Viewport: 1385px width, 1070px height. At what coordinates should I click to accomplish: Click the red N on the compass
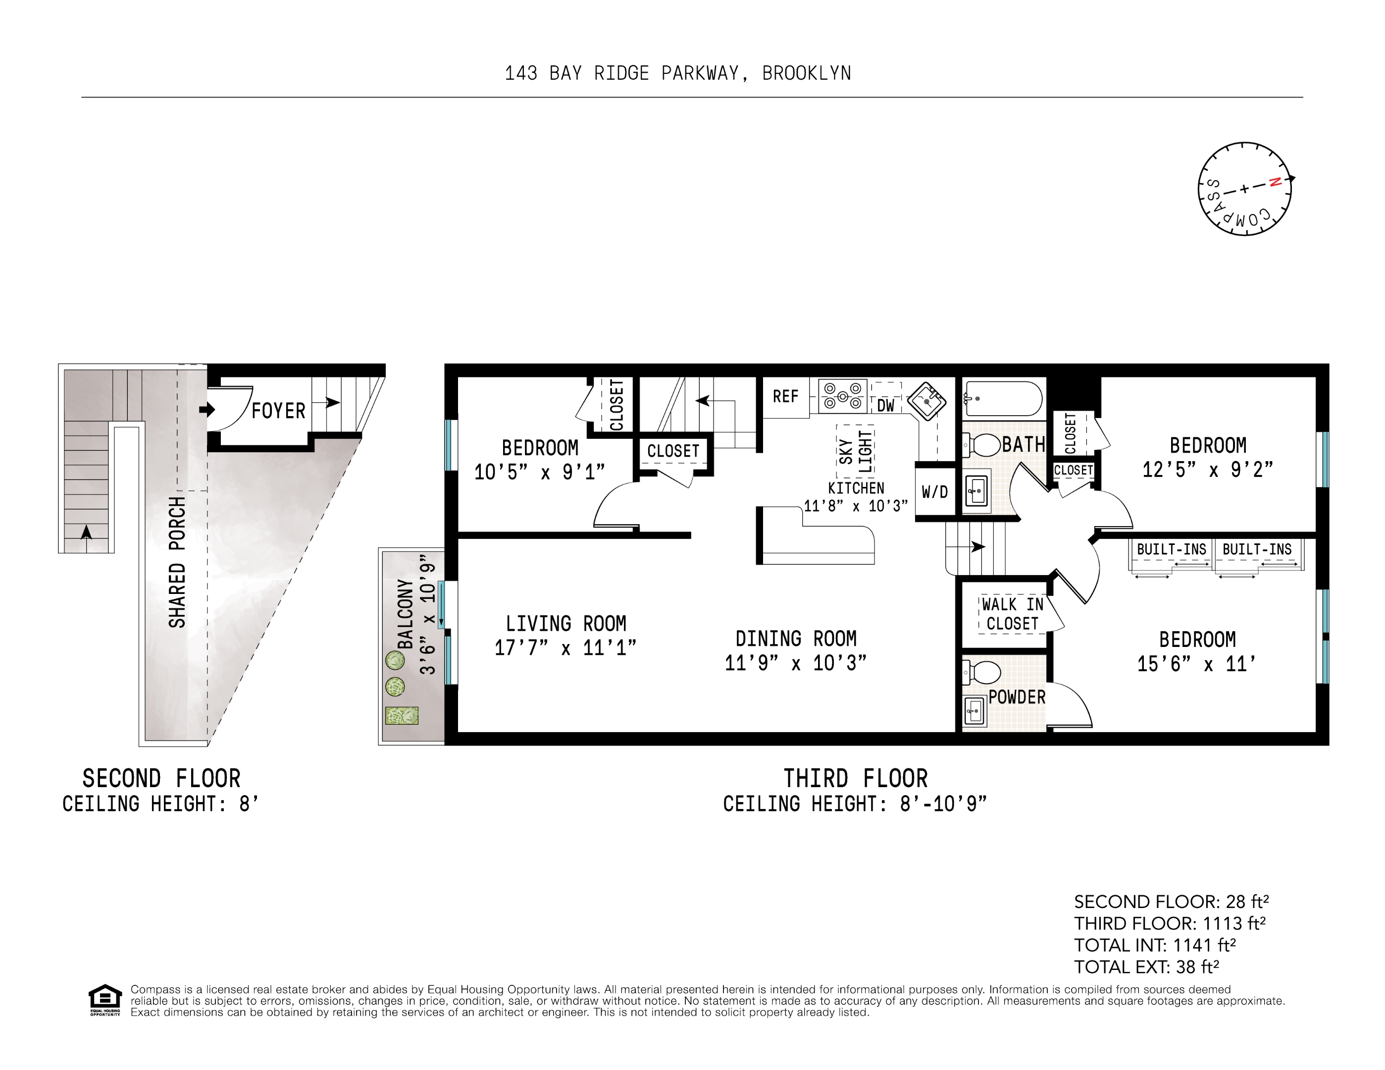[x=1275, y=182]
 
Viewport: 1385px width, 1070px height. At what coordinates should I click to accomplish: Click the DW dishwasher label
[x=885, y=406]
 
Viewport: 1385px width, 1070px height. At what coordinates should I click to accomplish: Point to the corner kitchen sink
[x=926, y=401]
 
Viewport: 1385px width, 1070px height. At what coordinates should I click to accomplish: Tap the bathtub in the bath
[x=1003, y=398]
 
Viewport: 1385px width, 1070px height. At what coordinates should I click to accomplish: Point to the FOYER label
[x=278, y=411]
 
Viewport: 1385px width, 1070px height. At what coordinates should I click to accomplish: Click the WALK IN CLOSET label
[x=1012, y=614]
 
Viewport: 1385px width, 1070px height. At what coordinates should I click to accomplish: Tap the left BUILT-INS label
[x=1171, y=549]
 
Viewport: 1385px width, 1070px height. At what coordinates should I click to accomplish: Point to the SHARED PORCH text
[x=177, y=562]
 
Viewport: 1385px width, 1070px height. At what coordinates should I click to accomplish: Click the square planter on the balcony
[x=402, y=715]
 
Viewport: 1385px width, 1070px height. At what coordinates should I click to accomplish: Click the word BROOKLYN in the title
[x=806, y=74]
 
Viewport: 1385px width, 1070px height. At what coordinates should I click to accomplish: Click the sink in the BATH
[x=976, y=490]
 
